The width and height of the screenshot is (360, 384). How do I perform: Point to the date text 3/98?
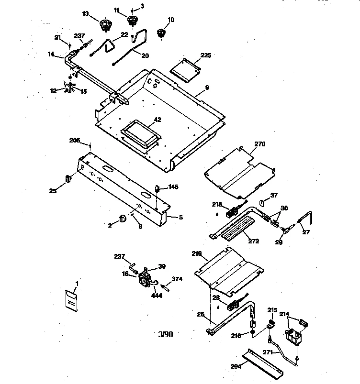(x=165, y=334)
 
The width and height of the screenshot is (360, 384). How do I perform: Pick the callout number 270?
(x=259, y=143)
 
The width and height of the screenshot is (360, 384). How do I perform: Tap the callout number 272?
(x=253, y=241)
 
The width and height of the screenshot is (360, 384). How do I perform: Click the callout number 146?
(x=173, y=187)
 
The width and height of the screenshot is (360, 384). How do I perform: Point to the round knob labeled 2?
(x=124, y=219)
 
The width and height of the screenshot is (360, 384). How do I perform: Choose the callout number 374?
(x=178, y=279)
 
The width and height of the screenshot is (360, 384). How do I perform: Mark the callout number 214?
(x=284, y=315)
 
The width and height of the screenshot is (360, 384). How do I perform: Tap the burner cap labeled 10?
(x=161, y=34)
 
